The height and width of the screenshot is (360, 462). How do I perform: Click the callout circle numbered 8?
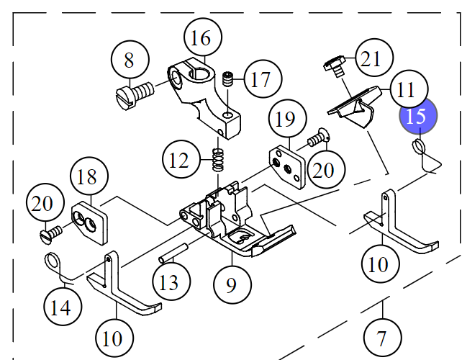tap(130, 60)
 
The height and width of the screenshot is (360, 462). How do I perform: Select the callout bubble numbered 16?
tap(202, 37)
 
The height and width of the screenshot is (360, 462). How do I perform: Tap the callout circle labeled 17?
tap(262, 79)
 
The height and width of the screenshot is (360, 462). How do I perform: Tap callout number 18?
tap(88, 177)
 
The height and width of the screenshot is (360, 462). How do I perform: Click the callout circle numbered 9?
tap(231, 284)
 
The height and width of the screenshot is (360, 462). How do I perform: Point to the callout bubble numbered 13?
tap(169, 282)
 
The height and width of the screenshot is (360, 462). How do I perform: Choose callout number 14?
tap(60, 307)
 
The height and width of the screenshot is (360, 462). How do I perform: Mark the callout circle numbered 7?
tap(382, 338)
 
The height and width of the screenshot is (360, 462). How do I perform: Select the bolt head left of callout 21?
tap(332, 66)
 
